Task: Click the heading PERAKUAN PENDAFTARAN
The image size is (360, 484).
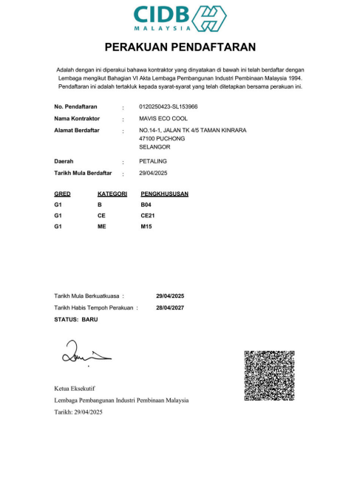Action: coord(180,47)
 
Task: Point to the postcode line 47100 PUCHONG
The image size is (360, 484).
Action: coord(161,138)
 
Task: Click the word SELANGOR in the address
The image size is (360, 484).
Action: coord(154,147)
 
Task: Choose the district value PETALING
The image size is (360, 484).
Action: coord(153,160)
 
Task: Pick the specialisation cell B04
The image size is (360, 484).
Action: coord(146,203)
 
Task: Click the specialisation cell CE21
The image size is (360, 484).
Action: coord(147,215)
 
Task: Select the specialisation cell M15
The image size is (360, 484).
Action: coord(146,226)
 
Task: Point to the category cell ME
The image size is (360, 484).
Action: coord(102,226)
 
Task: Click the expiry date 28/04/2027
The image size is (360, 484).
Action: coord(170,307)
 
